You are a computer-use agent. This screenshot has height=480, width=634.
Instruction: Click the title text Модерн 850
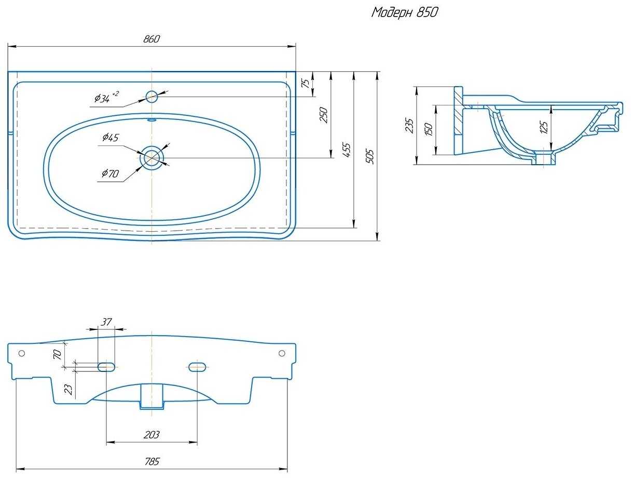(404, 12)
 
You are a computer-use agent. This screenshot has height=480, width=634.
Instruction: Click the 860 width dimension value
(151, 39)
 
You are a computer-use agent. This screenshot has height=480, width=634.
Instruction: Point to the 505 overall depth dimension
(370, 156)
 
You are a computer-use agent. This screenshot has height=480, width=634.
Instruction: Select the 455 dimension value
(347, 150)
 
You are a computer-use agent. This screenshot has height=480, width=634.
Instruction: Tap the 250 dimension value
(324, 115)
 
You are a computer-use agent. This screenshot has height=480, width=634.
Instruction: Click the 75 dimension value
(306, 83)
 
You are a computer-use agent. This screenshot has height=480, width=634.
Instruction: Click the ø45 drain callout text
(111, 137)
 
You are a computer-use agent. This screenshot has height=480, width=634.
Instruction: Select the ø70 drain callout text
(110, 173)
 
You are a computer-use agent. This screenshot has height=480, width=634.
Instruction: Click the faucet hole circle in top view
(151, 97)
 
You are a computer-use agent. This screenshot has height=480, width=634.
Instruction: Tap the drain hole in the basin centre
(152, 157)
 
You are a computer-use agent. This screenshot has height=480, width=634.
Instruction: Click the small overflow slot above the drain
(151, 119)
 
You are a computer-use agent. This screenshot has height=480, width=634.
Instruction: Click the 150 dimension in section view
(429, 129)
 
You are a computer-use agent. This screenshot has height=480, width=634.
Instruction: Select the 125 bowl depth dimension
(543, 127)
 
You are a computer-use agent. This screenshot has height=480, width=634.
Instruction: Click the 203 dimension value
(151, 435)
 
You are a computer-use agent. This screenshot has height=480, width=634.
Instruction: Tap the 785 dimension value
(152, 461)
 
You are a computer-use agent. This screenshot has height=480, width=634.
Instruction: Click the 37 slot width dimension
(106, 322)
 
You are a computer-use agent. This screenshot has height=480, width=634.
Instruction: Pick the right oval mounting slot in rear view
(197, 367)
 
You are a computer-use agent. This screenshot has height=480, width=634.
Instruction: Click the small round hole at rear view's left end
(21, 353)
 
